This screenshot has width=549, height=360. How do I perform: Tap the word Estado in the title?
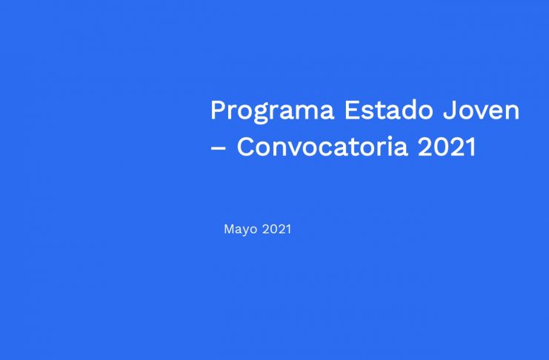[x=389, y=110]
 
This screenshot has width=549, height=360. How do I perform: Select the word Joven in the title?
[x=481, y=110]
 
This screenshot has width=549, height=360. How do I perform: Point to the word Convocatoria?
[x=322, y=147]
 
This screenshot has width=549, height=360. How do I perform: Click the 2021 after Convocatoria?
[x=447, y=147]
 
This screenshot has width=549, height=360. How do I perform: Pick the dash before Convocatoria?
[x=218, y=148]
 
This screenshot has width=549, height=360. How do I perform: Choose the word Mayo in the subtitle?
[x=241, y=230]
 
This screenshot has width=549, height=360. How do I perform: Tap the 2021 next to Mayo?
[x=276, y=229]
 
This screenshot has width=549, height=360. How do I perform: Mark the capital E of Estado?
[x=351, y=110]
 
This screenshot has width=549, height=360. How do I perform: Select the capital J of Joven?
[x=448, y=110]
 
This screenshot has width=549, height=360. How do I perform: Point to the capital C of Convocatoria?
[x=247, y=147]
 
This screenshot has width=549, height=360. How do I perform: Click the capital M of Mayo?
[x=230, y=229]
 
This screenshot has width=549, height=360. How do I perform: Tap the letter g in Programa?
[x=260, y=114]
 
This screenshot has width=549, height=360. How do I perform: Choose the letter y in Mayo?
[x=249, y=231]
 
